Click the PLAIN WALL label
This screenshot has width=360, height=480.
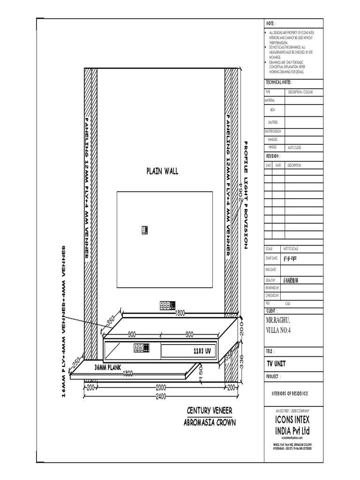pos(162,172)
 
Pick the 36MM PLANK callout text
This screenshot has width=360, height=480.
pos(111,367)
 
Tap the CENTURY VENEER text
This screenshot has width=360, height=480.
pos(210,411)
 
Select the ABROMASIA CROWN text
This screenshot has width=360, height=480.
pos(210,422)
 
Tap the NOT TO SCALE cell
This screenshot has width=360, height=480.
pos(290,248)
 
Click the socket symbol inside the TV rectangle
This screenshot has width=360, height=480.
pos(144,230)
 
